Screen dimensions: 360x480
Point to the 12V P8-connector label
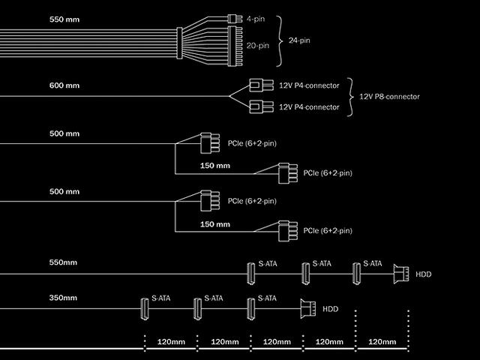coord(390,97)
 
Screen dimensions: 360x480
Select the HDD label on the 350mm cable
coord(330,308)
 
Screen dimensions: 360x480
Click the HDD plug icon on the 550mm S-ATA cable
coord(399,274)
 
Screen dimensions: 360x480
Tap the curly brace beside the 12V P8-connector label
coord(352,97)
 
